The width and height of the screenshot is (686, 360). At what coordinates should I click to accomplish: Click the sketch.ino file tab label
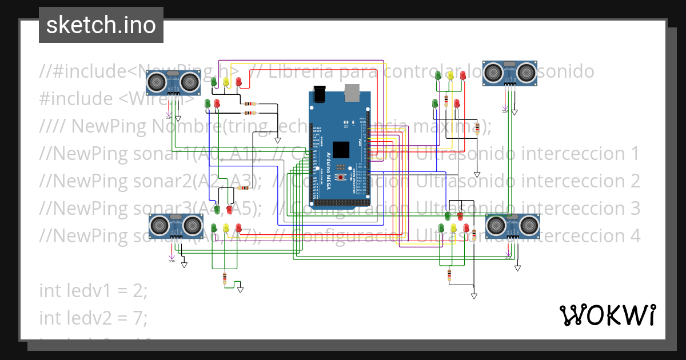[x=101, y=25]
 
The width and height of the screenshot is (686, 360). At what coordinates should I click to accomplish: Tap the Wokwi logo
[x=607, y=315]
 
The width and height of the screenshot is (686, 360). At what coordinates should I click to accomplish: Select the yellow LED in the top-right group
[x=450, y=75]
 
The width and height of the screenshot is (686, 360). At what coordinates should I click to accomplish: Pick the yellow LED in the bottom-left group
[x=226, y=228]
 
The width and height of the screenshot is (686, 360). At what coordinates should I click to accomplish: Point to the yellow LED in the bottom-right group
[x=453, y=228]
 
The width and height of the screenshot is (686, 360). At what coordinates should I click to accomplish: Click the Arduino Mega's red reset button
[x=342, y=178]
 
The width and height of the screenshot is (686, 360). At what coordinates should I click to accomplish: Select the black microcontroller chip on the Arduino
[x=341, y=149]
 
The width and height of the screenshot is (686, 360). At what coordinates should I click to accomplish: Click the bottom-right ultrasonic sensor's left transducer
[x=495, y=226]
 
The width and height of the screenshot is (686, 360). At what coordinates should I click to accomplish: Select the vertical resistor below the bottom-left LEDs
[x=225, y=279]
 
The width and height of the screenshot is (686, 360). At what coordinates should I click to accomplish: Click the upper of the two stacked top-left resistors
[x=250, y=104]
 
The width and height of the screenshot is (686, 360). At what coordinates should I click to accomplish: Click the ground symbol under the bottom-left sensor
[x=184, y=265]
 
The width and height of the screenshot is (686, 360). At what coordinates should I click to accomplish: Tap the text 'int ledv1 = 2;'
[x=93, y=290]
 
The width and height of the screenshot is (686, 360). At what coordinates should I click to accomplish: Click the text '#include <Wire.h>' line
[x=117, y=99]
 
